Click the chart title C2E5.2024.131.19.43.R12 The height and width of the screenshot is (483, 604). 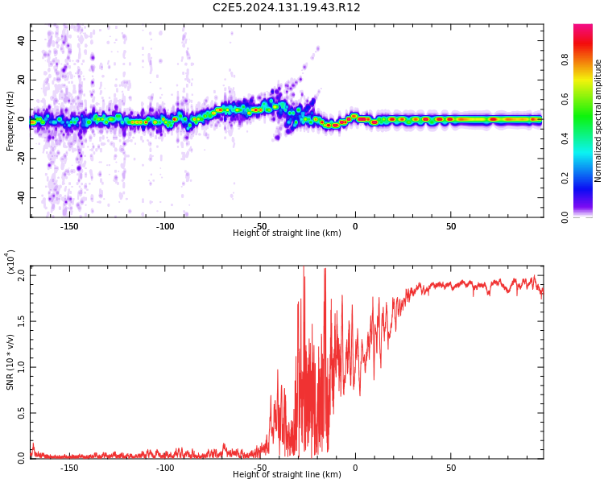[287, 8]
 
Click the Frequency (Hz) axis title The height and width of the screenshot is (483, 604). [10, 119]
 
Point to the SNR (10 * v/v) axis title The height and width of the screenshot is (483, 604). [10, 362]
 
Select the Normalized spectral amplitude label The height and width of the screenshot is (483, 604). [598, 121]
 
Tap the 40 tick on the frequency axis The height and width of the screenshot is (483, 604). [22, 40]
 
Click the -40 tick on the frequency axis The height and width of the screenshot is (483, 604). [20, 197]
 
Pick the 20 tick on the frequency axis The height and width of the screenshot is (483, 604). [22, 80]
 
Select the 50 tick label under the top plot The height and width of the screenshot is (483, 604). [451, 226]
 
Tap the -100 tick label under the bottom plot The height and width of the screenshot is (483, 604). [164, 468]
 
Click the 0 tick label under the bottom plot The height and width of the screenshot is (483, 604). [355, 468]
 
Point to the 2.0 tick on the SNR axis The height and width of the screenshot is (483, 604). [22, 275]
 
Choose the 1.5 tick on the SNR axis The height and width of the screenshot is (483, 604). [22, 321]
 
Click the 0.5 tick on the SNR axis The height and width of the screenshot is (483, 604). [22, 413]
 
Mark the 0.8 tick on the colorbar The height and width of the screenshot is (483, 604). [565, 60]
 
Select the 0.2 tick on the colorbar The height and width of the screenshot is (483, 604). [565, 178]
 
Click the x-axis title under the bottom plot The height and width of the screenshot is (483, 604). [287, 475]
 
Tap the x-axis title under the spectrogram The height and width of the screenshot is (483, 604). [287, 233]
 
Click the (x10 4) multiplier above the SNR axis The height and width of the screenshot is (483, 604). [10, 262]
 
